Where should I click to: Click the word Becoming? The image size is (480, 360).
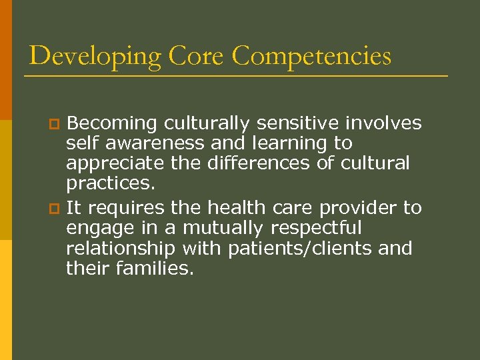pos(111,123)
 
